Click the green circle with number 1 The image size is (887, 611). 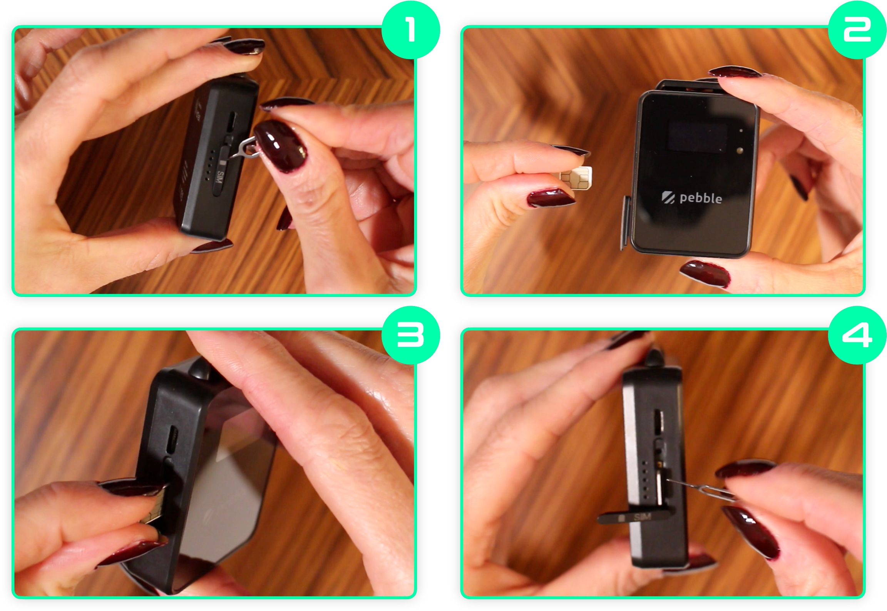coord(410,30)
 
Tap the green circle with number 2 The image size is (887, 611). coord(857,30)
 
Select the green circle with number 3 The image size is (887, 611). coord(410,335)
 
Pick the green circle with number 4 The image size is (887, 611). coord(857,335)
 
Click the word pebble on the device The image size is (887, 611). coord(701,198)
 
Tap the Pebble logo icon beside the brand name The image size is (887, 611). coord(668,197)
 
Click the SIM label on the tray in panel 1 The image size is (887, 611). coord(220,177)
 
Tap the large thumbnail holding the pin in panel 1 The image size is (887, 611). coord(280,146)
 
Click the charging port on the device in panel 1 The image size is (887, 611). coord(231,121)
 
